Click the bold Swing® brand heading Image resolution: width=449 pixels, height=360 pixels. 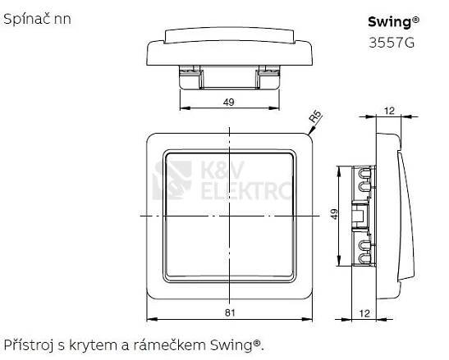point(393,22)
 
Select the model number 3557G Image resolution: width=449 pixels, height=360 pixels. point(392,43)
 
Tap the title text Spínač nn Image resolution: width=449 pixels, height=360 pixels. point(37,20)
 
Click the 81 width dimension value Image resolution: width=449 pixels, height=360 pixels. point(230,312)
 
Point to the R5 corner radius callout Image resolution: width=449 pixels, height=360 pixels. point(315,116)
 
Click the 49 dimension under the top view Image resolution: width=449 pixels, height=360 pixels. point(229,102)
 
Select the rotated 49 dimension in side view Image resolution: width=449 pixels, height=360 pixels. point(334,214)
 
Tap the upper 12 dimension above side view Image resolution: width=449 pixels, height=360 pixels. point(389,111)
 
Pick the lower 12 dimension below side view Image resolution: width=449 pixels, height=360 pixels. point(364,313)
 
